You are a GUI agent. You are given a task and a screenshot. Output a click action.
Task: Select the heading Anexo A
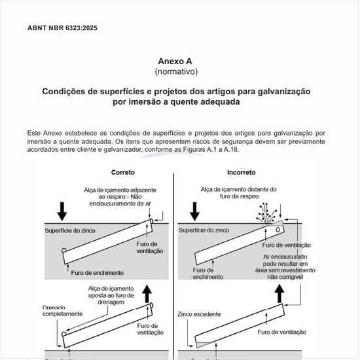176,61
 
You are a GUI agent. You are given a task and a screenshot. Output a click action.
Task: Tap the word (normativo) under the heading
176,71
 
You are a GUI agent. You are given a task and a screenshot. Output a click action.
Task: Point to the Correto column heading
122,173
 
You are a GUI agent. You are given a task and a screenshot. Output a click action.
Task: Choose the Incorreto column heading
241,173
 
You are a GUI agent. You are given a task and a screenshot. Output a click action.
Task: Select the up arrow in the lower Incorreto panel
280,293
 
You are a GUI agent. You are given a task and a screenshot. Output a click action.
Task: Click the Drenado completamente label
63,310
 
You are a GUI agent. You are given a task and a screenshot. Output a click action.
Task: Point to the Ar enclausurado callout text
288,267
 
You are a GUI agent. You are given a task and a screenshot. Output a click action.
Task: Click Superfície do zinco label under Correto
71,230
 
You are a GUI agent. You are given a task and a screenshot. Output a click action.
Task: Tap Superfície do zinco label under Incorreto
204,230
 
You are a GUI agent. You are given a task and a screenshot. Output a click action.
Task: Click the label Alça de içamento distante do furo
238,192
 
